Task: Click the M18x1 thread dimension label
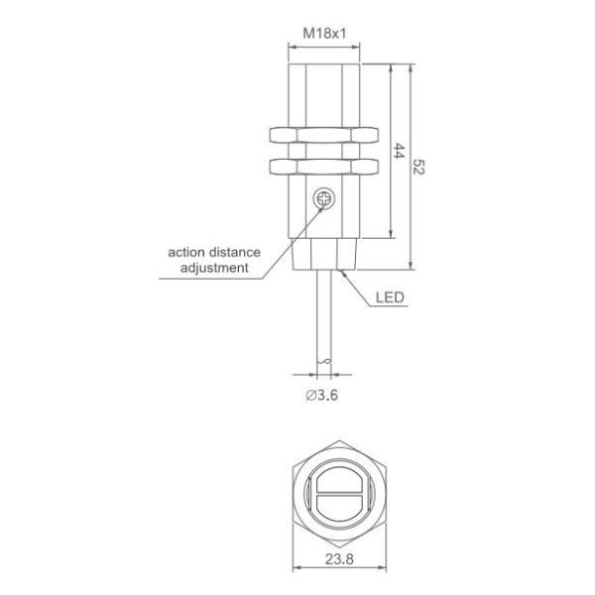325,34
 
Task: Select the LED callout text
389,296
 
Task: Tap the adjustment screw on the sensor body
322,199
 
